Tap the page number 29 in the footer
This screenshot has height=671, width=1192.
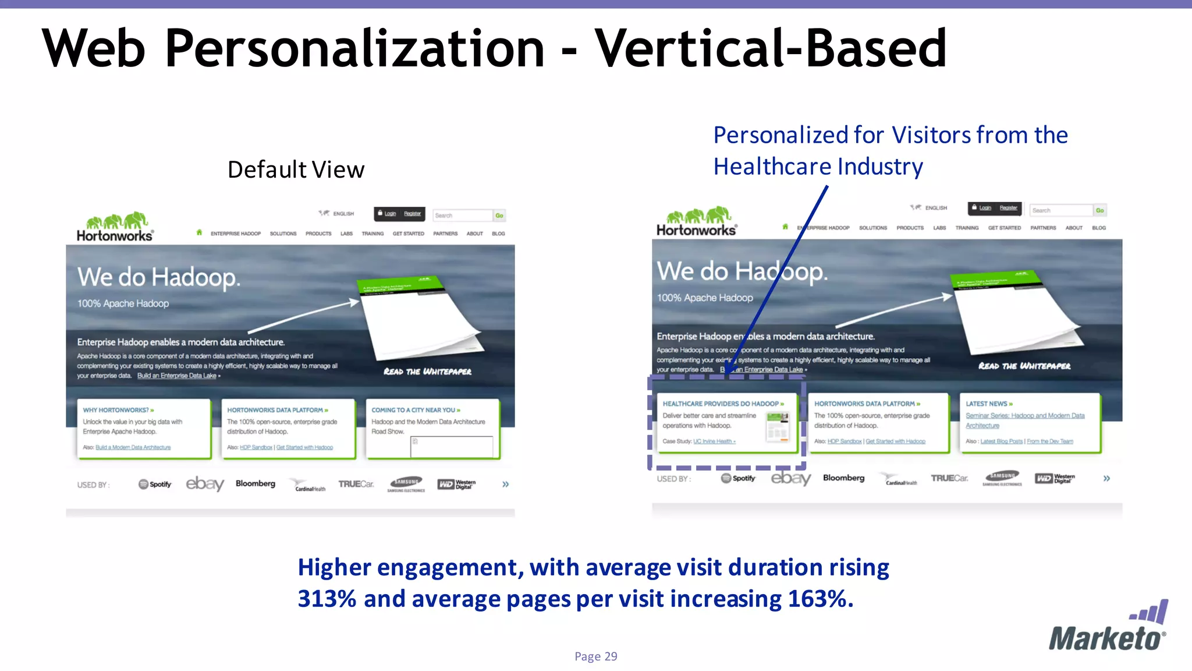pyautogui.click(x=611, y=656)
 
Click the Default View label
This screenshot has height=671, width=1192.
pyautogui.click(x=296, y=169)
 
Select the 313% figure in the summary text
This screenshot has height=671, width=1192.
pyautogui.click(x=327, y=599)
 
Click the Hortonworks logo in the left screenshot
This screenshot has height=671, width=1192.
pyautogui.click(x=115, y=227)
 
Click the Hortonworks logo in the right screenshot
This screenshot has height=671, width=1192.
pyautogui.click(x=696, y=222)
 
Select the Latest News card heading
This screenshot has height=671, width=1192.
pyautogui.click(x=989, y=404)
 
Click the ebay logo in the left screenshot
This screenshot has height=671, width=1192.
pyautogui.click(x=205, y=483)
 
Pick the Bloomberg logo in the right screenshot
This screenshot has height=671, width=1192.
pyautogui.click(x=843, y=478)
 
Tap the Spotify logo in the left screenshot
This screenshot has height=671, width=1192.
pyautogui.click(x=155, y=484)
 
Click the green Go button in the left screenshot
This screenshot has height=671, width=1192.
pyautogui.click(x=499, y=216)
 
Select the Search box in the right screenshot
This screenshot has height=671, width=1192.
pyautogui.click(x=1060, y=210)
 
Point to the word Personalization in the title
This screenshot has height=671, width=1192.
pyautogui.click(x=354, y=48)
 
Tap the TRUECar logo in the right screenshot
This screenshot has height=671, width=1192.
pyautogui.click(x=949, y=478)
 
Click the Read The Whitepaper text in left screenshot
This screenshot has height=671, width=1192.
pyautogui.click(x=427, y=372)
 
